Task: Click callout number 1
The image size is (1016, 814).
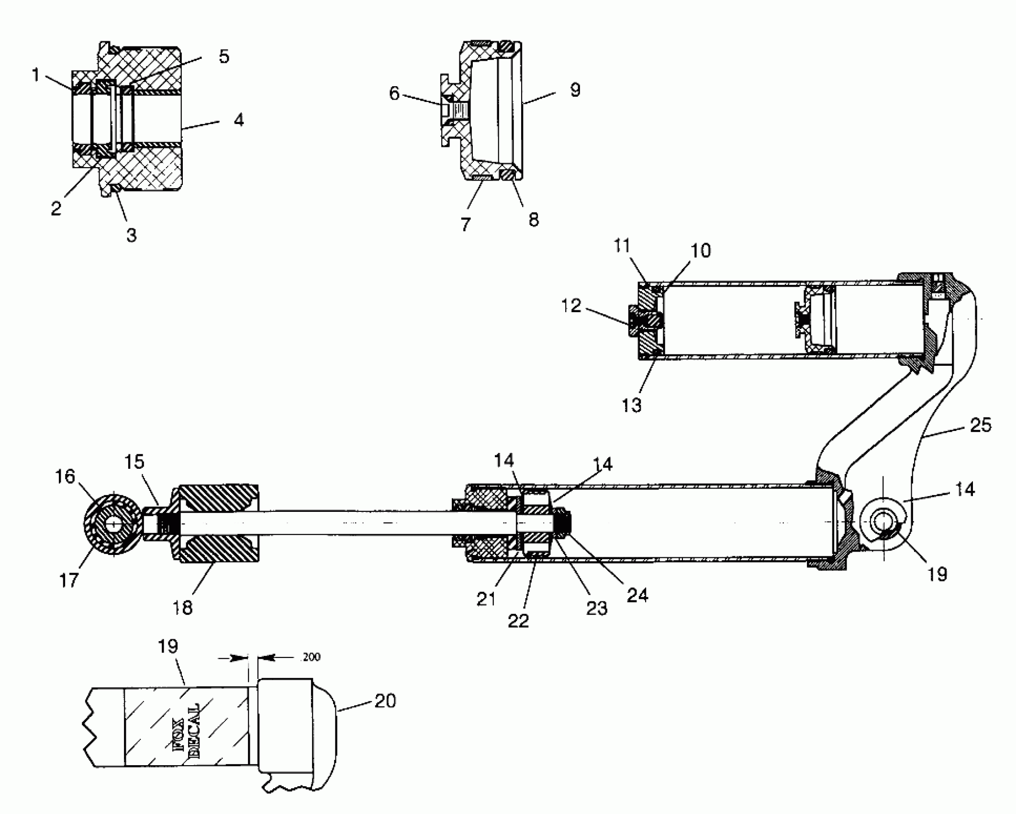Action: pyautogui.click(x=35, y=75)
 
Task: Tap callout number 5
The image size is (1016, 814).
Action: pyautogui.click(x=224, y=57)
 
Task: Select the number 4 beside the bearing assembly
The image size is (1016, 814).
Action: pyautogui.click(x=239, y=120)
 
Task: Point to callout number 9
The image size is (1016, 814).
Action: pyautogui.click(x=575, y=90)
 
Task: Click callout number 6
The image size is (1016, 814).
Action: pyautogui.click(x=394, y=93)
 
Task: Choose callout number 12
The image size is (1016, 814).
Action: pyautogui.click(x=571, y=305)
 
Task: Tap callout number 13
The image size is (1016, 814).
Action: pyautogui.click(x=631, y=405)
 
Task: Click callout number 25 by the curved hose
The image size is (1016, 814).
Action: pyautogui.click(x=981, y=425)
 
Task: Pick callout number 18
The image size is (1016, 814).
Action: pyautogui.click(x=182, y=607)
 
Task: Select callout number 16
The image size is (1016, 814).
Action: pyautogui.click(x=65, y=476)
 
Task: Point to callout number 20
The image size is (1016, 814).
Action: pyautogui.click(x=385, y=701)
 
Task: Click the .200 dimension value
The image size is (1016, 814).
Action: pyautogui.click(x=311, y=657)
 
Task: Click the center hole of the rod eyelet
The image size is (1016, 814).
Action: pyautogui.click(x=113, y=524)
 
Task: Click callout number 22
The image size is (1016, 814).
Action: pyautogui.click(x=518, y=621)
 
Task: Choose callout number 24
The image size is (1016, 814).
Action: pyautogui.click(x=637, y=595)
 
